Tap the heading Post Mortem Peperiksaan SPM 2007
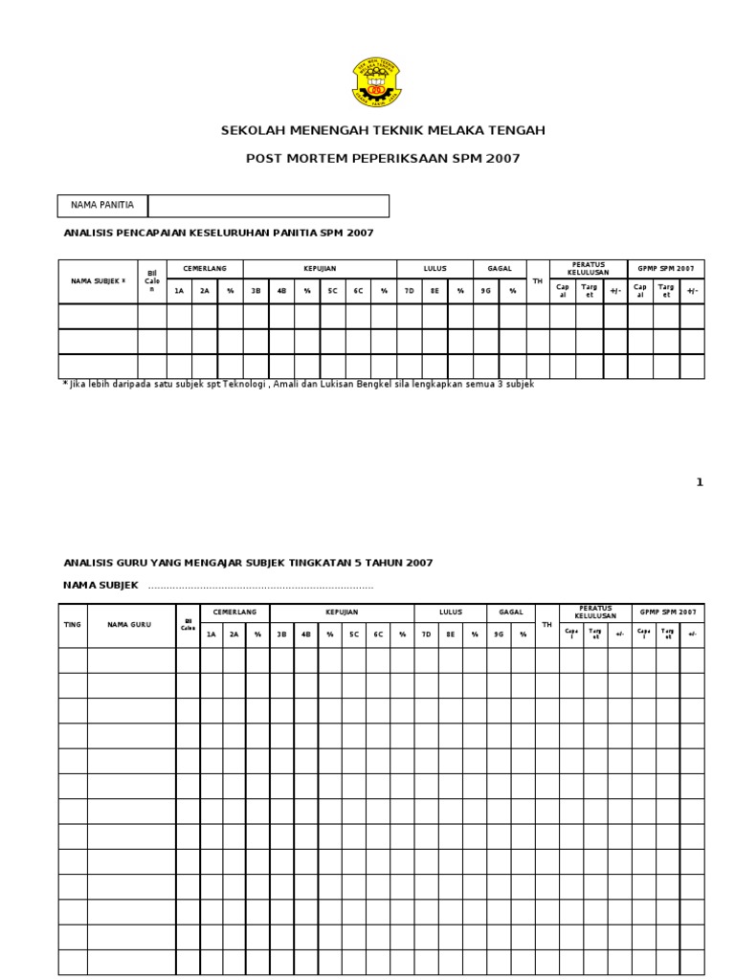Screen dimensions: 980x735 click(x=383, y=159)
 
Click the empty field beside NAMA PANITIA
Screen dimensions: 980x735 click(x=268, y=206)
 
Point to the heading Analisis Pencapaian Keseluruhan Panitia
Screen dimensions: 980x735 click(x=218, y=233)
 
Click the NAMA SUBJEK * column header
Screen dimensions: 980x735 click(x=98, y=281)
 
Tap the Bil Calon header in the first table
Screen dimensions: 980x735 click(x=152, y=281)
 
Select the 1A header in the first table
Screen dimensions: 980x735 click(x=179, y=290)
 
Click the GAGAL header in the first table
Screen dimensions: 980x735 click(x=500, y=269)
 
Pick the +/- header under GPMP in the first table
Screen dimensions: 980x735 click(x=692, y=290)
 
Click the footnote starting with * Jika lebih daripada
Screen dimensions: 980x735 click(x=298, y=384)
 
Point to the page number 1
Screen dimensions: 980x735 click(x=700, y=482)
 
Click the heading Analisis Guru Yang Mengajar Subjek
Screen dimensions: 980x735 click(x=248, y=563)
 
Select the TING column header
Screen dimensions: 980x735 click(x=73, y=624)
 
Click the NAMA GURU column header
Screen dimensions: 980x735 click(x=130, y=624)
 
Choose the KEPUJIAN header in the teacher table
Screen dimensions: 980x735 click(x=342, y=612)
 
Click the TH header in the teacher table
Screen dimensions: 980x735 click(x=547, y=624)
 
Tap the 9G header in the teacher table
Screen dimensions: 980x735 click(x=499, y=634)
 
